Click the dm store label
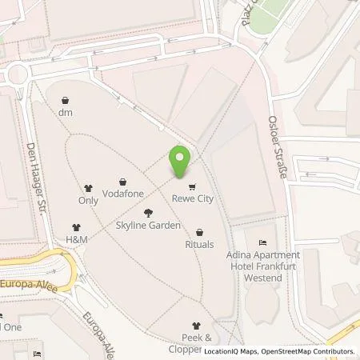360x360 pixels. click(66, 114)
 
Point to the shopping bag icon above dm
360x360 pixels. click(66, 101)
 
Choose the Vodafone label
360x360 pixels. click(123, 194)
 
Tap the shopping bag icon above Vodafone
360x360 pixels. click(123, 182)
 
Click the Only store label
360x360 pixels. click(88, 201)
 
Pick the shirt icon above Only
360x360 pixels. click(88, 188)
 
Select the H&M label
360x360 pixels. click(77, 239)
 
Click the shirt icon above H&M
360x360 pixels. click(77, 226)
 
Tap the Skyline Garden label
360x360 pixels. click(148, 226)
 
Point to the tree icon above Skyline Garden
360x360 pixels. click(148, 213)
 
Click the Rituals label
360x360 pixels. click(199, 245)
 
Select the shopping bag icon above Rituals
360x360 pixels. click(199, 232)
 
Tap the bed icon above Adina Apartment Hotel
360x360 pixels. click(262, 242)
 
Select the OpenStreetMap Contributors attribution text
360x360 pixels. click(305, 351)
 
